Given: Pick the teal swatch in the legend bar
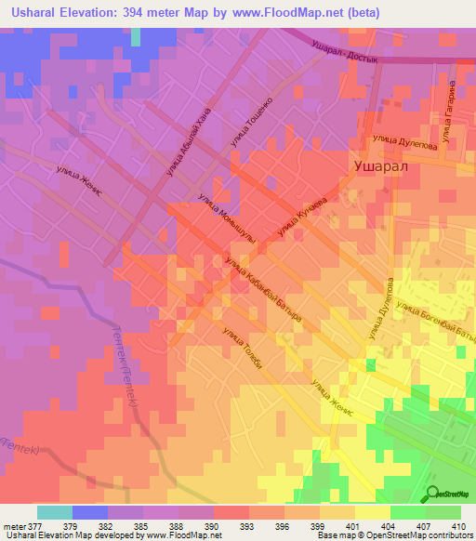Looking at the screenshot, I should pos(55,512).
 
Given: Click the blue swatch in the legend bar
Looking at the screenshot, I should pos(90,512).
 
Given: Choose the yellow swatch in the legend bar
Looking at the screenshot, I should pos(372,512).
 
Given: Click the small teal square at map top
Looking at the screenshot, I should pos(137,35).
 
